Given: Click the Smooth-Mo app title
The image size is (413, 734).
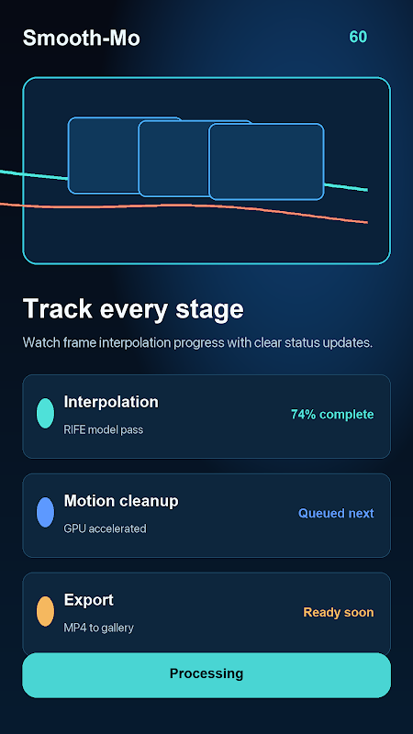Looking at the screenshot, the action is (82, 38).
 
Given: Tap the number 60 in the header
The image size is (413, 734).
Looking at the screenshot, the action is (358, 37).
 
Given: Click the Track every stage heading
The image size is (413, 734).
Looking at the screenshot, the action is (133, 309).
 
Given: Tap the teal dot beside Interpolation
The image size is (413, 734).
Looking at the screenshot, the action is (45, 414).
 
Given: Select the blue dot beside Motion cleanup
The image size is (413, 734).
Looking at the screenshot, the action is (45, 513).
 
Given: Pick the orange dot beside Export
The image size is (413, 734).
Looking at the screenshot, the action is (45, 611).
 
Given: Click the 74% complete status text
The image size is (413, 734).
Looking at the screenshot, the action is (332, 415).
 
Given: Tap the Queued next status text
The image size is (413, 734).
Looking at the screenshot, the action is (336, 514).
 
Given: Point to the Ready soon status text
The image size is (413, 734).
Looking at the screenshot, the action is (339, 612).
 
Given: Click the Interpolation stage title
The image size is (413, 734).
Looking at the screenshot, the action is (111, 402).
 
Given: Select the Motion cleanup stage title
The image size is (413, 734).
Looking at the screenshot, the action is (121, 501).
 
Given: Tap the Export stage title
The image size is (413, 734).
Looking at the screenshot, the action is (88, 600).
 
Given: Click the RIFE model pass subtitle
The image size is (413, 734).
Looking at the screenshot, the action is (104, 429).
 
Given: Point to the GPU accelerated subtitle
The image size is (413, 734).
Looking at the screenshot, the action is (105, 529).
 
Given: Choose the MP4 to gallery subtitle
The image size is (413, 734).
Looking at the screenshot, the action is (98, 628).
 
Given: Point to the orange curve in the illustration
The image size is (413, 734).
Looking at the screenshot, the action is (184, 206).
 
